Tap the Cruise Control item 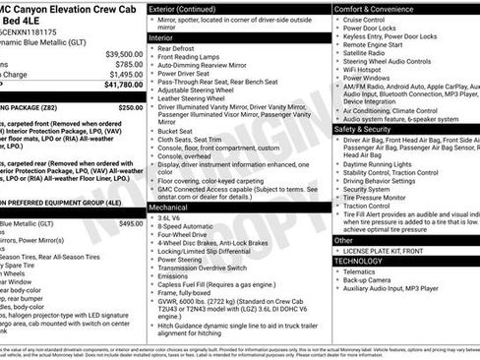(364, 20)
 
